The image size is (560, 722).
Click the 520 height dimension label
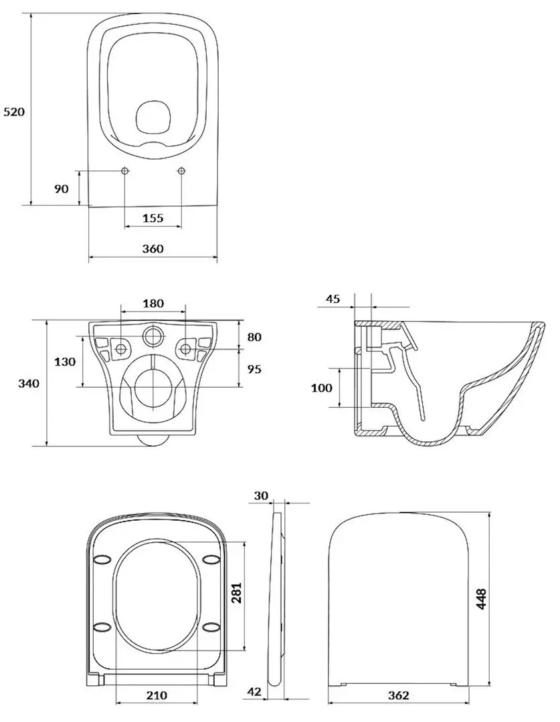point(14,112)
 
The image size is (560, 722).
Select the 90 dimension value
point(61,189)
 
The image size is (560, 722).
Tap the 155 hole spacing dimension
point(153,217)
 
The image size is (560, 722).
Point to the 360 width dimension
point(153,249)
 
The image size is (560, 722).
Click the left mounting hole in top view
point(126,171)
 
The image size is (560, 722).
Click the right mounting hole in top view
point(181,171)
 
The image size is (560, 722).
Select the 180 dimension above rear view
point(153,304)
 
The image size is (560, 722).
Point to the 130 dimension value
point(64,362)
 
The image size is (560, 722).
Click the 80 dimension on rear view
point(254,337)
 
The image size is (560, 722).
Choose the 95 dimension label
point(254,369)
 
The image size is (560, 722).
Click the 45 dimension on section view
point(333,299)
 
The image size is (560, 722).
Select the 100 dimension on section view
point(322,388)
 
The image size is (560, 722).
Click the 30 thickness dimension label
point(261,495)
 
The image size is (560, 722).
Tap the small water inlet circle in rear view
point(153,336)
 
